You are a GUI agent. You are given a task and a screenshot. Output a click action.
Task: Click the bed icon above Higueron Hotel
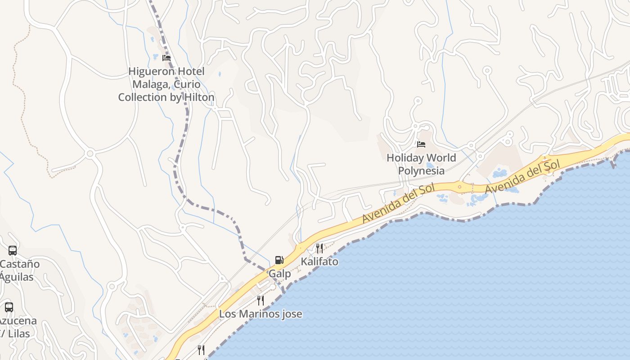tap(166, 58)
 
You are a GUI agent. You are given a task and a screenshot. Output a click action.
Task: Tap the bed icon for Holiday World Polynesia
tap(421, 144)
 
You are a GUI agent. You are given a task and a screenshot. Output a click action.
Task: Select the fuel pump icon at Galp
tap(279, 260)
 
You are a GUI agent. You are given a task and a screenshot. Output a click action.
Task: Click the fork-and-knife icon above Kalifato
tap(319, 248)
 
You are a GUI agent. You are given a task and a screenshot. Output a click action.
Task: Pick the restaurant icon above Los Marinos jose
tap(261, 300)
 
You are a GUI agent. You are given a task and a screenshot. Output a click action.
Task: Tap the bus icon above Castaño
tap(13, 251)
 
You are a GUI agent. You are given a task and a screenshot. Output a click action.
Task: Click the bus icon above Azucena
tap(9, 307)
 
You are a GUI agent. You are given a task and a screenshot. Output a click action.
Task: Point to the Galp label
tap(279, 274)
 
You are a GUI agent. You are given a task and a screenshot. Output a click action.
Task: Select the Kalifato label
tap(319, 261)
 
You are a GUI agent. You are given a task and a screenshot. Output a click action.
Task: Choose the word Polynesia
tap(421, 171)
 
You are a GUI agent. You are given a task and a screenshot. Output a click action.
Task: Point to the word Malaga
tap(150, 84)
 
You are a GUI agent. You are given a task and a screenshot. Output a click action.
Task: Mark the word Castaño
tap(20, 264)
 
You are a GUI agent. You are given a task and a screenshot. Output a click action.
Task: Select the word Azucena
tap(18, 321)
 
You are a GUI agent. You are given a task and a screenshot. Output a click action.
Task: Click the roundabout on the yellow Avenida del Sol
tap(459, 186)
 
